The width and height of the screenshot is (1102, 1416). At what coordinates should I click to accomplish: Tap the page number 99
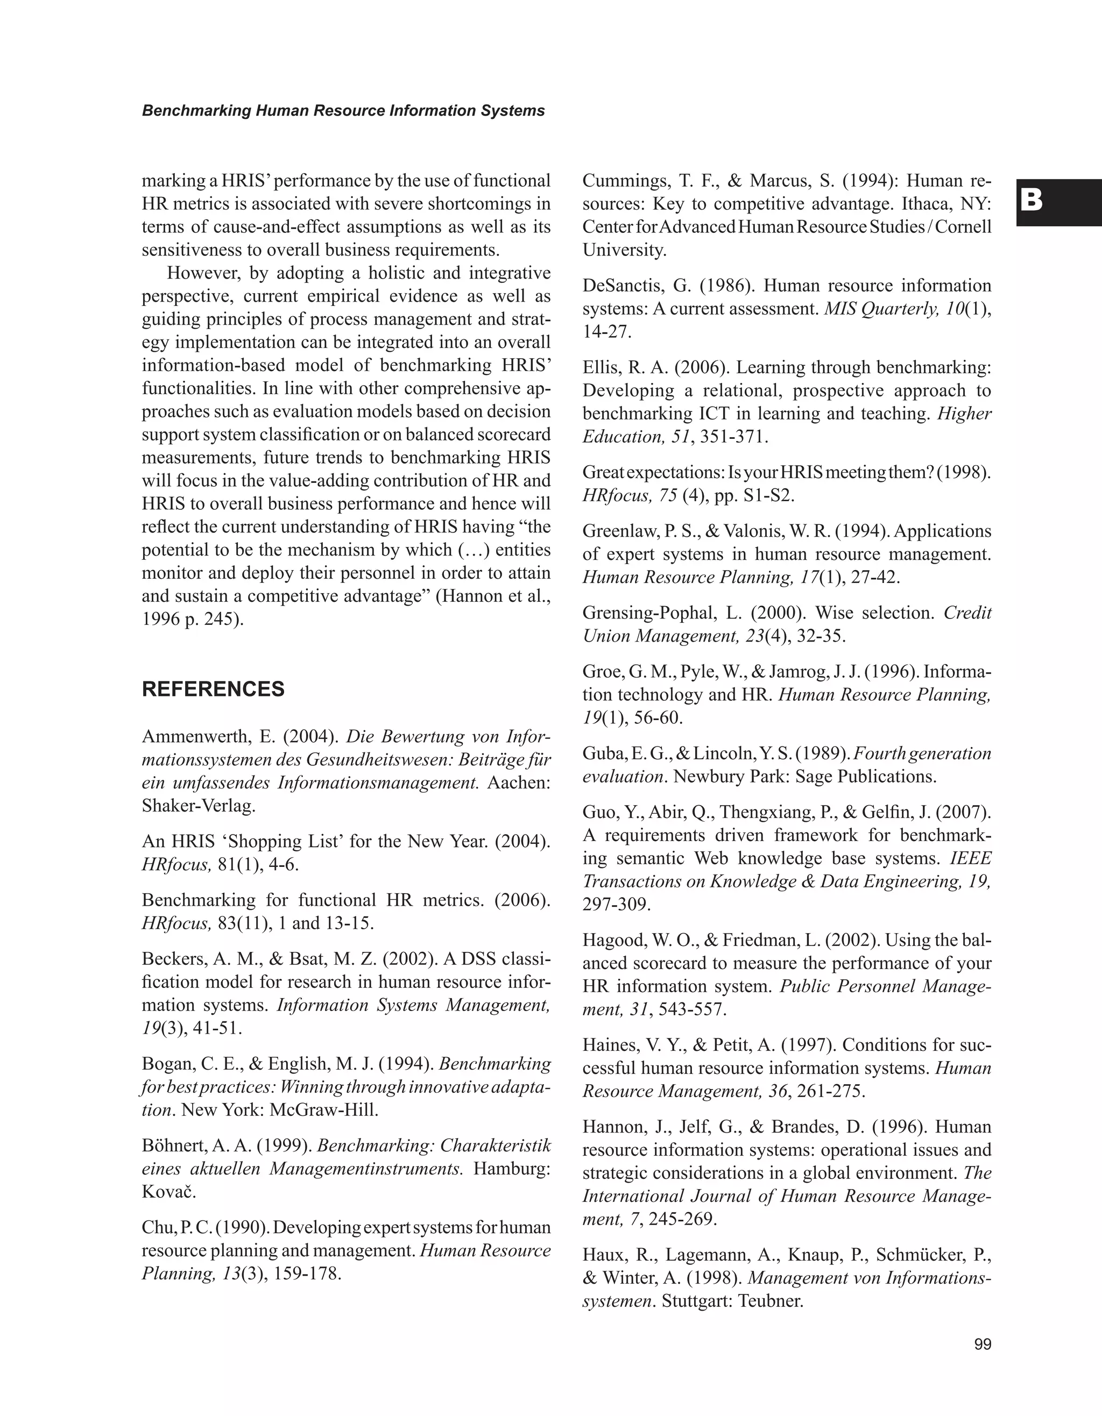(x=983, y=1344)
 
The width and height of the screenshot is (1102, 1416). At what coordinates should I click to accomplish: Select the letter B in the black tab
(x=1032, y=202)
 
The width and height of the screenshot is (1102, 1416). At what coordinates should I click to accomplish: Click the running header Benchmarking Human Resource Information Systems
(x=343, y=111)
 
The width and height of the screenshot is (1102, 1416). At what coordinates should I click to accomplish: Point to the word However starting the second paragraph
(x=204, y=273)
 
